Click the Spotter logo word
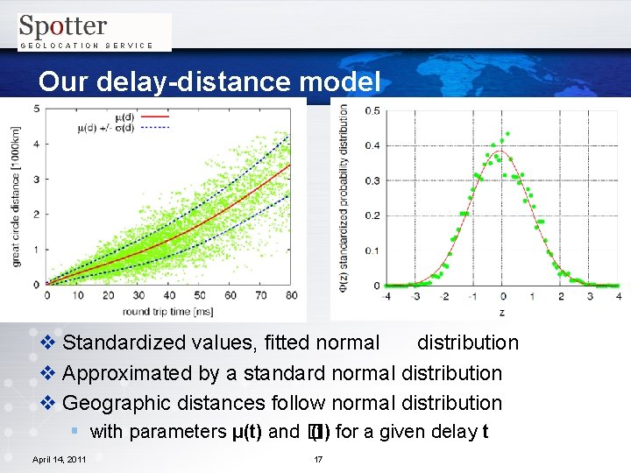pos(62,26)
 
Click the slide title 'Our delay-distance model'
pos(209,81)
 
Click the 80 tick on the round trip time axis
pos(291,295)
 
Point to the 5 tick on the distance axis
pos(36,108)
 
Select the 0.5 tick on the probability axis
pos(372,110)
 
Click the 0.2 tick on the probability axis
pos(372,215)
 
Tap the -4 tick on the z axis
pos(386,296)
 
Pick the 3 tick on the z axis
pos(590,296)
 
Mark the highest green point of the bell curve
pos(508,135)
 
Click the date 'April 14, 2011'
pos(59,459)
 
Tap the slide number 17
pos(318,459)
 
